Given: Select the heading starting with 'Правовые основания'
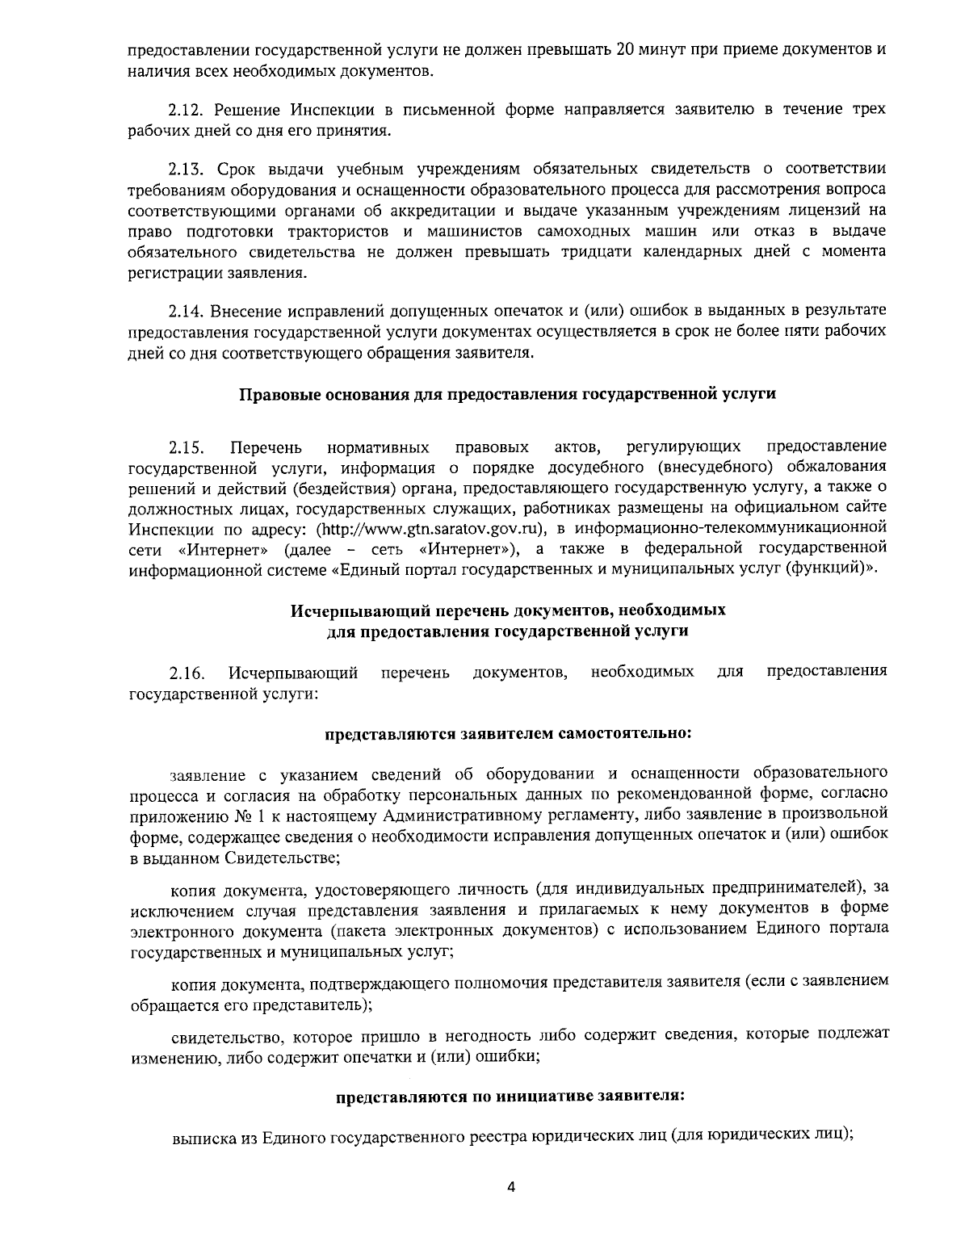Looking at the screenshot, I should coord(508,395).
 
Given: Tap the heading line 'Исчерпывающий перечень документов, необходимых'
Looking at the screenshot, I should coord(508,610).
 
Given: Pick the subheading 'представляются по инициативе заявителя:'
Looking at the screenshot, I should coord(510,1097).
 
